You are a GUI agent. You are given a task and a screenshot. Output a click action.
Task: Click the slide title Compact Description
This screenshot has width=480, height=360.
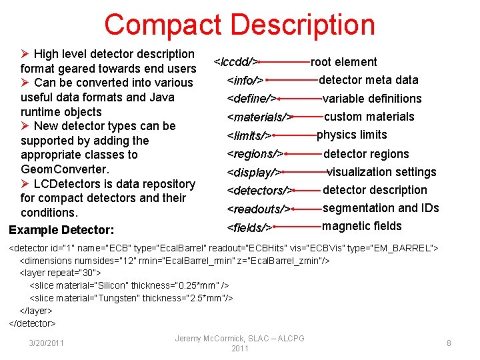click(x=239, y=25)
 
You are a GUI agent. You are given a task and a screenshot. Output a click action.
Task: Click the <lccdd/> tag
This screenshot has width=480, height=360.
click(x=235, y=62)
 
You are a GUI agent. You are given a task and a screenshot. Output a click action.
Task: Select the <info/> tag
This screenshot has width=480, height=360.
click(x=245, y=81)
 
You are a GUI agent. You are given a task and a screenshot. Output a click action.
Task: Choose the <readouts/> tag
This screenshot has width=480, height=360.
click(x=258, y=209)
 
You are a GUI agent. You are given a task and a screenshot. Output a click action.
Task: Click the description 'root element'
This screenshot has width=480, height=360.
click(x=344, y=62)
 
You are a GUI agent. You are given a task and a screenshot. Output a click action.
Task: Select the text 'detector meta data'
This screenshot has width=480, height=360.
click(x=369, y=80)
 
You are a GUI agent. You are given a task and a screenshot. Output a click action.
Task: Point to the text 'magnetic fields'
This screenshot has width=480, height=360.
click(x=362, y=226)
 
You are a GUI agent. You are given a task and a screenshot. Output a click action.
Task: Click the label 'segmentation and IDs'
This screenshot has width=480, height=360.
click(x=381, y=208)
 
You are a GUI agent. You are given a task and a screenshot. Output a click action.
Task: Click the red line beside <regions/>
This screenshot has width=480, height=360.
click(x=304, y=154)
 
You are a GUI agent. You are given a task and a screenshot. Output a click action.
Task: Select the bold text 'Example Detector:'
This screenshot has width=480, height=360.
click(x=61, y=230)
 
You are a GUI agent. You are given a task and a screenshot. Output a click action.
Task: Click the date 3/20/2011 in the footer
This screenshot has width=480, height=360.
click(x=46, y=343)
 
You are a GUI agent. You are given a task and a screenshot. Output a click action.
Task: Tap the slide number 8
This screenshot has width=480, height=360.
click(x=449, y=343)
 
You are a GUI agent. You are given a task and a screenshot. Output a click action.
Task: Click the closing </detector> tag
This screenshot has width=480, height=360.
click(x=32, y=323)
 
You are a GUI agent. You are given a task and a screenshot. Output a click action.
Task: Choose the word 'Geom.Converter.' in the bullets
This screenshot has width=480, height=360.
click(x=65, y=169)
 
